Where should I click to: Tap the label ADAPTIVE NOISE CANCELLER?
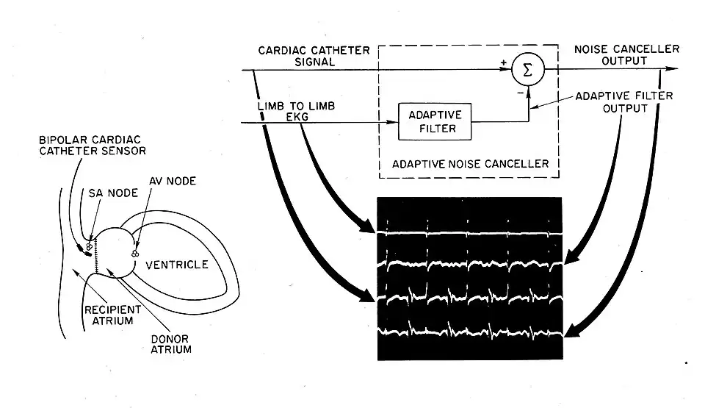[471, 164]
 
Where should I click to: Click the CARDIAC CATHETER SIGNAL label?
[297, 56]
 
